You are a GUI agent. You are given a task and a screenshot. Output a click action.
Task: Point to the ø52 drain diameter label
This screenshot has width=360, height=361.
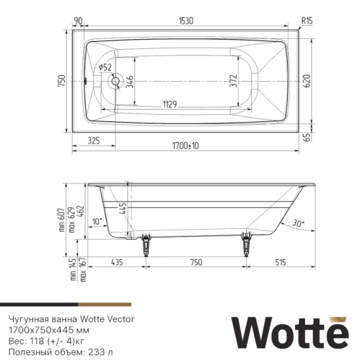[106, 67]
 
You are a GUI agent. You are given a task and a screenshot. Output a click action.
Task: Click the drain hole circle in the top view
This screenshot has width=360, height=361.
[113, 81]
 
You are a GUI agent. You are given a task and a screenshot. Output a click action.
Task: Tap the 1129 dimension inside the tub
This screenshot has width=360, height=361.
[172, 104]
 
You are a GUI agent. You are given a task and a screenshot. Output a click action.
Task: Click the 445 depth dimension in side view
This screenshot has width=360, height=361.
[123, 211]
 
